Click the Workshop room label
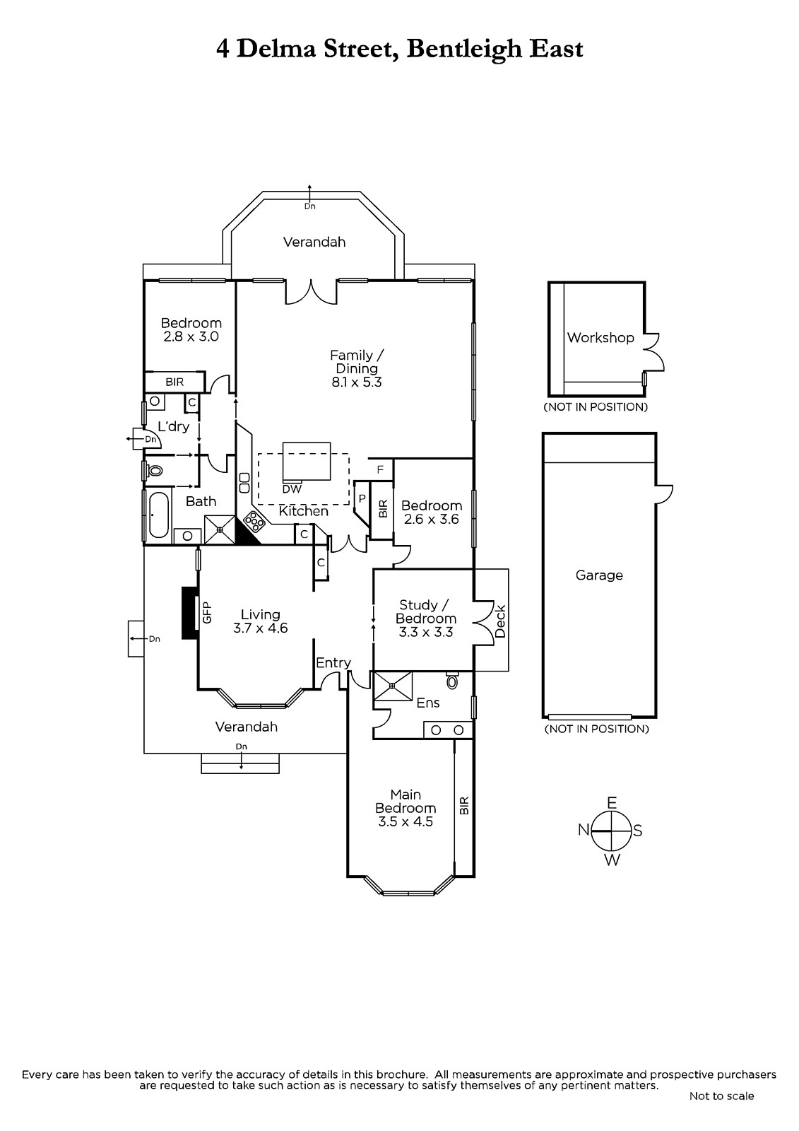[x=600, y=337]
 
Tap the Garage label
[x=599, y=575]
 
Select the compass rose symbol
[x=611, y=831]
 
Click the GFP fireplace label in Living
[x=206, y=612]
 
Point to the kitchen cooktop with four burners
[x=255, y=522]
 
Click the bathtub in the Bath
[x=158, y=515]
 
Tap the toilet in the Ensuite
[x=452, y=681]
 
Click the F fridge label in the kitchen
[x=381, y=469]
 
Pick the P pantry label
[x=362, y=498]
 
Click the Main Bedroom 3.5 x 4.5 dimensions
[x=406, y=821]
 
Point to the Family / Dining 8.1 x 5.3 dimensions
[x=356, y=382]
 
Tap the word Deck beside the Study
[x=499, y=621]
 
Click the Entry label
[x=333, y=663]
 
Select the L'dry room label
[x=173, y=427]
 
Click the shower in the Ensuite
[x=393, y=686]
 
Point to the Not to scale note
[x=721, y=1096]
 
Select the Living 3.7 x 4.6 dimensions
[x=260, y=628]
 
